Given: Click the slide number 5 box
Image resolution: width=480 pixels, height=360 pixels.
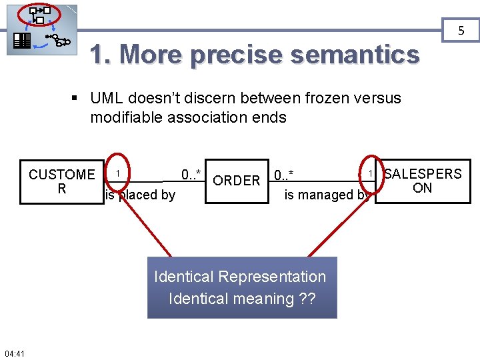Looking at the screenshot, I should [x=460, y=30].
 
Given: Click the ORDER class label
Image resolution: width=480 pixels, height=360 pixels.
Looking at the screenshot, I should [x=236, y=181].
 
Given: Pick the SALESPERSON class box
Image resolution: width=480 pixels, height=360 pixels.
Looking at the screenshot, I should [x=423, y=181].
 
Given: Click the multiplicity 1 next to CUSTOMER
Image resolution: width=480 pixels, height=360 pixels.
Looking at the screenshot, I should [x=117, y=174].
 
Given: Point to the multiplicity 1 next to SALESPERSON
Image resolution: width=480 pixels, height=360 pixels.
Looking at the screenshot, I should [x=369, y=173].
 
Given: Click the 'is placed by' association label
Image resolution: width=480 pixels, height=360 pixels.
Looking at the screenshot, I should [x=141, y=195].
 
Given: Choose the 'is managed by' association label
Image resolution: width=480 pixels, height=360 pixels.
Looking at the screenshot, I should [x=327, y=195].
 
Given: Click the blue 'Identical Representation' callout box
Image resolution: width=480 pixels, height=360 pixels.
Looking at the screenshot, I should [x=242, y=287].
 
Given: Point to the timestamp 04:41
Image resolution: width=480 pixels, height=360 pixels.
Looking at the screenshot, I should [x=14, y=353].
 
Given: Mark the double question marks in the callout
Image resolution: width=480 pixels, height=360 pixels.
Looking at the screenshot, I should [x=307, y=298].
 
